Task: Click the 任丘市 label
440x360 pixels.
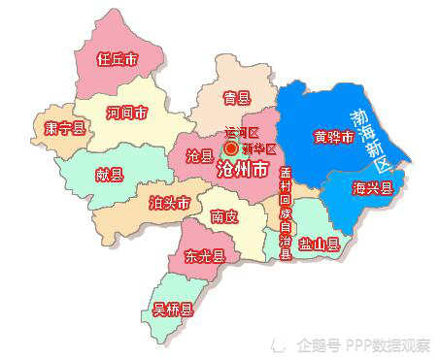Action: coord(117,59)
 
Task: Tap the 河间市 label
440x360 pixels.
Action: coord(127,114)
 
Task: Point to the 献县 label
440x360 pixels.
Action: coord(109,175)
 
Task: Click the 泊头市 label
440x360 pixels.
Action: coord(169,204)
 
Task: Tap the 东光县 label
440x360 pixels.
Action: coord(204,257)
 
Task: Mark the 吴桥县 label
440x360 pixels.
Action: coord(173,311)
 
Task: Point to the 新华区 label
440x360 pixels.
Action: coord(259,148)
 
